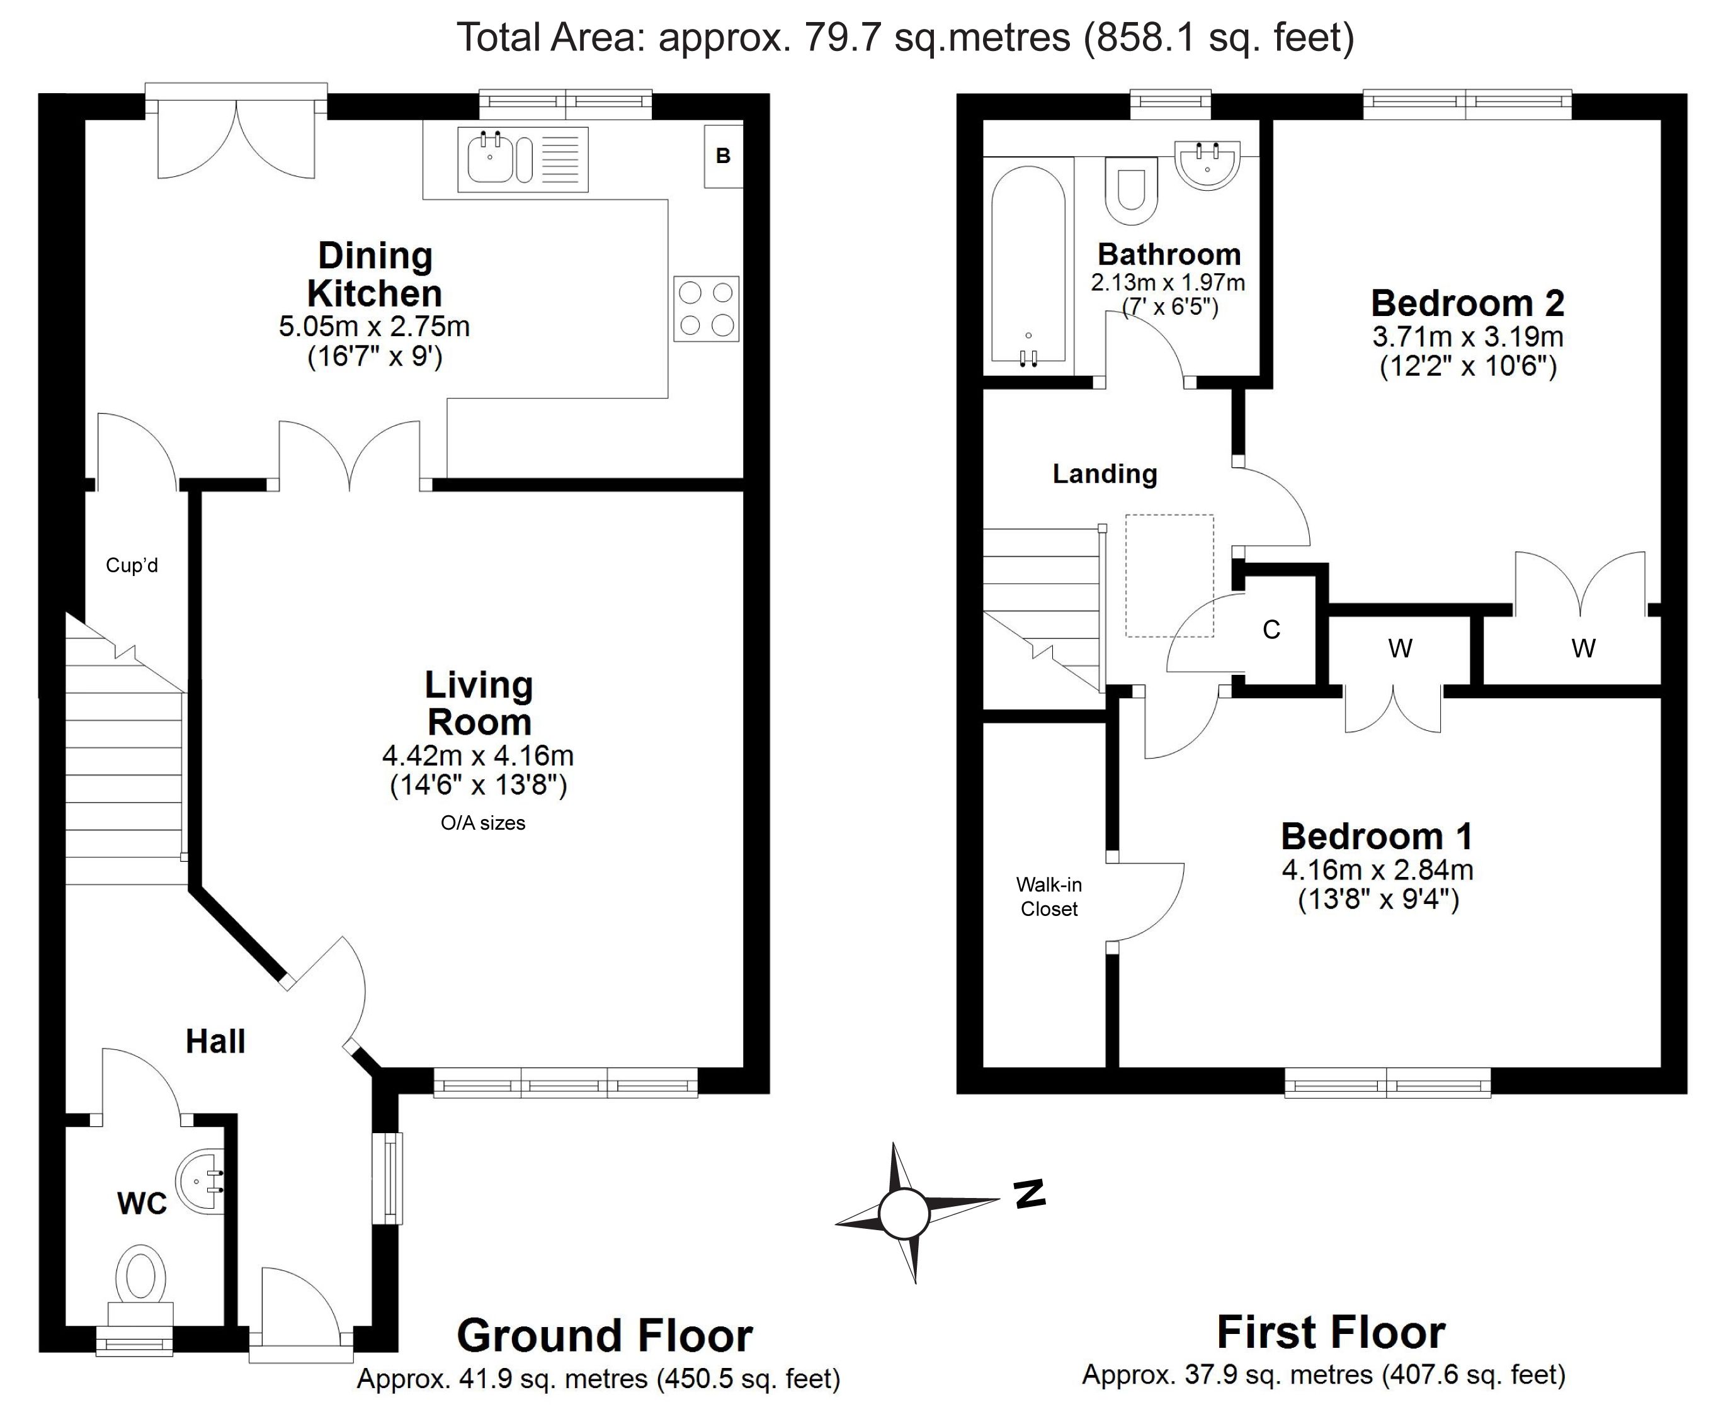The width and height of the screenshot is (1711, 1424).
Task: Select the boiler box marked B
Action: point(724,155)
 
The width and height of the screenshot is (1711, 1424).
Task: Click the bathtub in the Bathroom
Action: point(1028,266)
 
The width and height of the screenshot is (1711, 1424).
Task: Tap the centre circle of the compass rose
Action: point(904,1214)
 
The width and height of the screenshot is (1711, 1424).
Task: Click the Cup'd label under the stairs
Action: point(132,565)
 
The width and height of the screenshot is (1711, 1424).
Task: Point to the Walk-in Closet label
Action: point(1049,897)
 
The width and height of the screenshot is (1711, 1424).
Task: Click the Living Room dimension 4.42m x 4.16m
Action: point(478,756)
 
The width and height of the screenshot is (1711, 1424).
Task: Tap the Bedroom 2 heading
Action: point(1467,304)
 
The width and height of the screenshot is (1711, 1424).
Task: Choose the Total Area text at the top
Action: point(905,38)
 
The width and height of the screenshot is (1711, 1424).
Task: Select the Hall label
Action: point(215,1041)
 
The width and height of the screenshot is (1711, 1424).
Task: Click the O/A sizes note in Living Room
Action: point(483,823)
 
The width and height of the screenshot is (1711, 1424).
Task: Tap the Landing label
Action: point(1105,474)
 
